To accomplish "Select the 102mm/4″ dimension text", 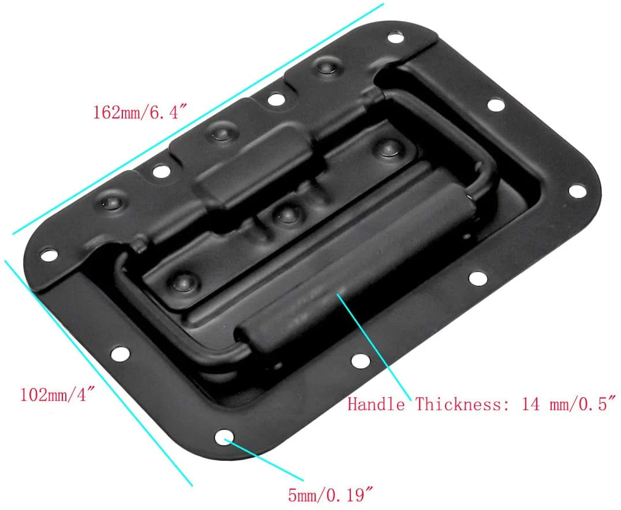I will tap(57, 395).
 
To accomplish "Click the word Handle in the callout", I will tap(376, 404).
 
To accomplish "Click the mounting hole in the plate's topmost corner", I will tap(395, 39).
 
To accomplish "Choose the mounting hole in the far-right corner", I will tap(575, 190).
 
